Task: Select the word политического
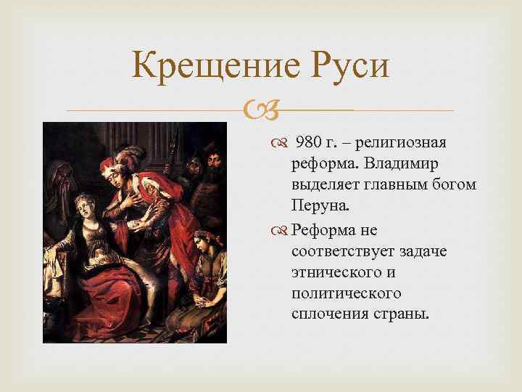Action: click(346, 295)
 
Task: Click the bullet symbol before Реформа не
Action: click(280, 230)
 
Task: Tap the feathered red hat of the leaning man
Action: click(123, 152)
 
